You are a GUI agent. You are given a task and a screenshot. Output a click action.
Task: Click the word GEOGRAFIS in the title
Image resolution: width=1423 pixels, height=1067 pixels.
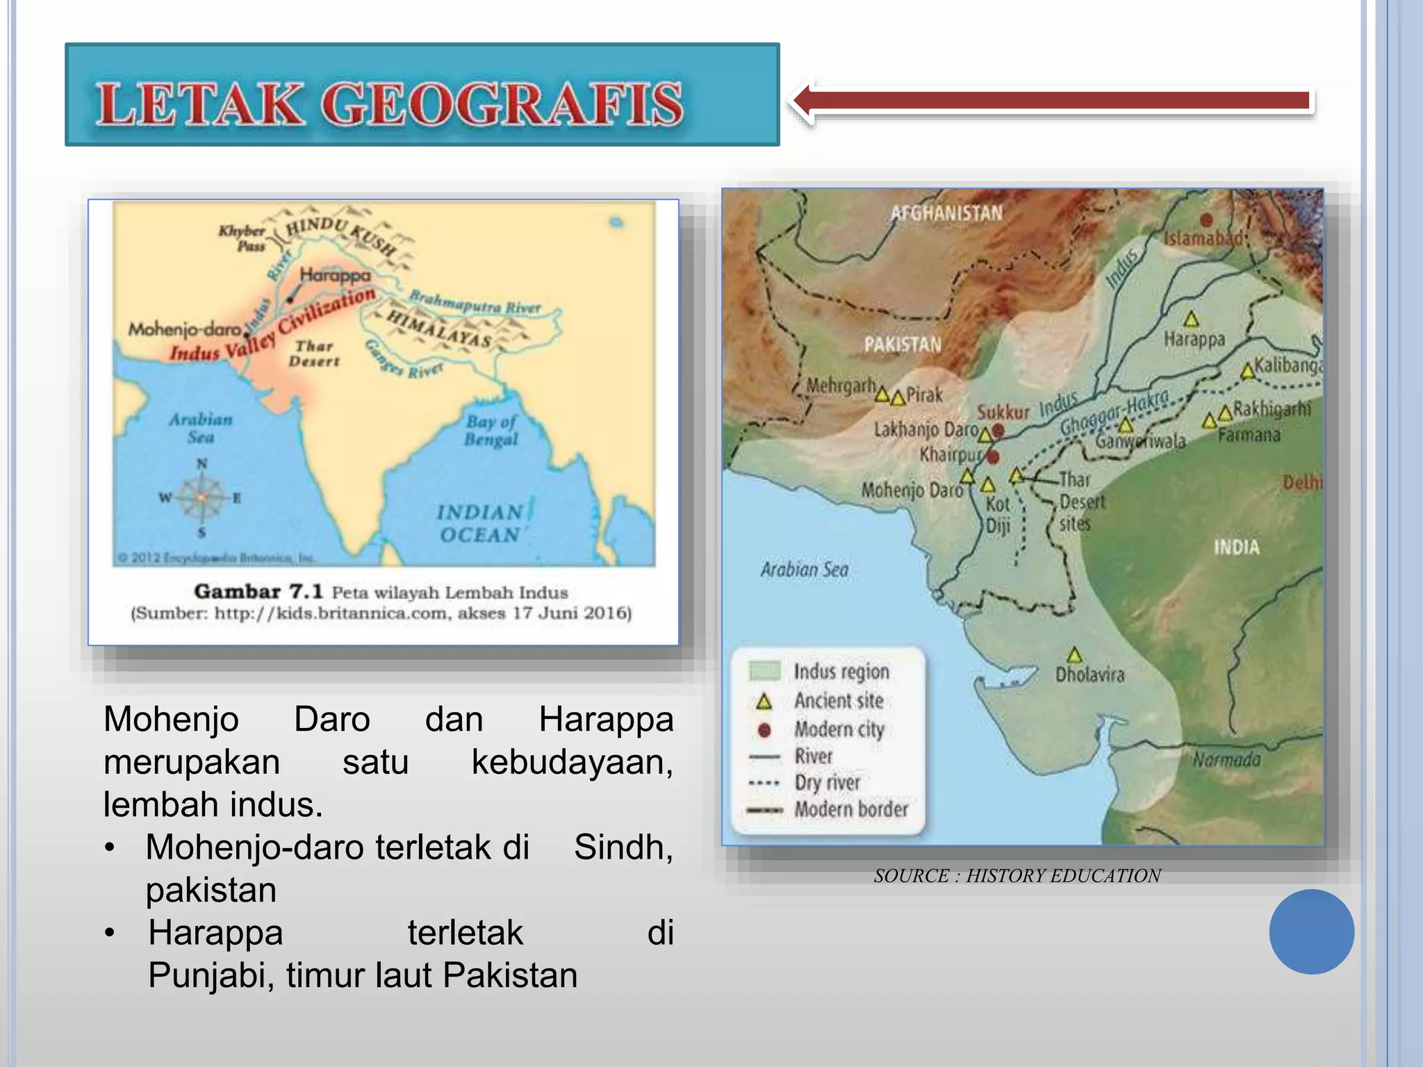coord(502,105)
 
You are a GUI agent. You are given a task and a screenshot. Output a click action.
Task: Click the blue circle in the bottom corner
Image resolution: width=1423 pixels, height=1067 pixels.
coord(1311,932)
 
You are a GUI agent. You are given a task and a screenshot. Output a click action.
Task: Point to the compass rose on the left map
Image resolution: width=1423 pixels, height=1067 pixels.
coord(201,497)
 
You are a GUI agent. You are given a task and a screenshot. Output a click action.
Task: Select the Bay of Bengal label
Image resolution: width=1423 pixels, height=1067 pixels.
coord(491,431)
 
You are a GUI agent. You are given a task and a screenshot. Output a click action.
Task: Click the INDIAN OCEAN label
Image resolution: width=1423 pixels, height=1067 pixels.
coord(479,523)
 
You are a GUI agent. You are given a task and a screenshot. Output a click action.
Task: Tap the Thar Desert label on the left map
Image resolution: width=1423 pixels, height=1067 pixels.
coord(314,354)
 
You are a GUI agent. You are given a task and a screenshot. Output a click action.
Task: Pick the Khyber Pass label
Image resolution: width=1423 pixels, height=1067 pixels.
coord(242,238)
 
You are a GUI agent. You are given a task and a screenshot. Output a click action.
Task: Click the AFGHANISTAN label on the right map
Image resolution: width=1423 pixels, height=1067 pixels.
coord(946,213)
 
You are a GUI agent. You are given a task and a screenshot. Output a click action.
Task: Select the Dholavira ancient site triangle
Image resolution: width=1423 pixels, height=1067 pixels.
coord(1075,655)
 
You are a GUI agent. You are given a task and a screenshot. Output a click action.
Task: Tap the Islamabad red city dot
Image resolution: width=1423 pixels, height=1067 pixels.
coord(1206,220)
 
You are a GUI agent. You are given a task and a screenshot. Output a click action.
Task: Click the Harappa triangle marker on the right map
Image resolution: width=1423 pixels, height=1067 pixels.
coord(1192,320)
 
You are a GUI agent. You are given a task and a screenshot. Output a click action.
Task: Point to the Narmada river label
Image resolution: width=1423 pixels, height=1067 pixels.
coord(1226,760)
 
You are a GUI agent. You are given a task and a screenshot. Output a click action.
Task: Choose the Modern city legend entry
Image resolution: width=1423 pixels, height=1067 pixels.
coord(839,729)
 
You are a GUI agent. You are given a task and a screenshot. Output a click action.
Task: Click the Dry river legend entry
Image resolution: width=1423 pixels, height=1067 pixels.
coord(827,783)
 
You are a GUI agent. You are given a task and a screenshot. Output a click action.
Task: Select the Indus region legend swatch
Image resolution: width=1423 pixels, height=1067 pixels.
coord(764,671)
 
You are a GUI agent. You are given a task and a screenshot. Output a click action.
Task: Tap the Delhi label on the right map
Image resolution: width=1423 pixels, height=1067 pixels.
coord(1302,482)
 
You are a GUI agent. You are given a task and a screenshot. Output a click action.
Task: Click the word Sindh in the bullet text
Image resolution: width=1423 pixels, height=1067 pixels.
coord(623,847)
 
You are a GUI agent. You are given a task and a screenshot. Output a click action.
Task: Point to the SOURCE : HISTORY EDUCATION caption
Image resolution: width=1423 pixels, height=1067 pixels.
coord(1017,876)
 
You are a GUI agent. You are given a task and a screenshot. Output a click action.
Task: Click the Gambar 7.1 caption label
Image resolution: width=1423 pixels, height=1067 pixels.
coord(258,592)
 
